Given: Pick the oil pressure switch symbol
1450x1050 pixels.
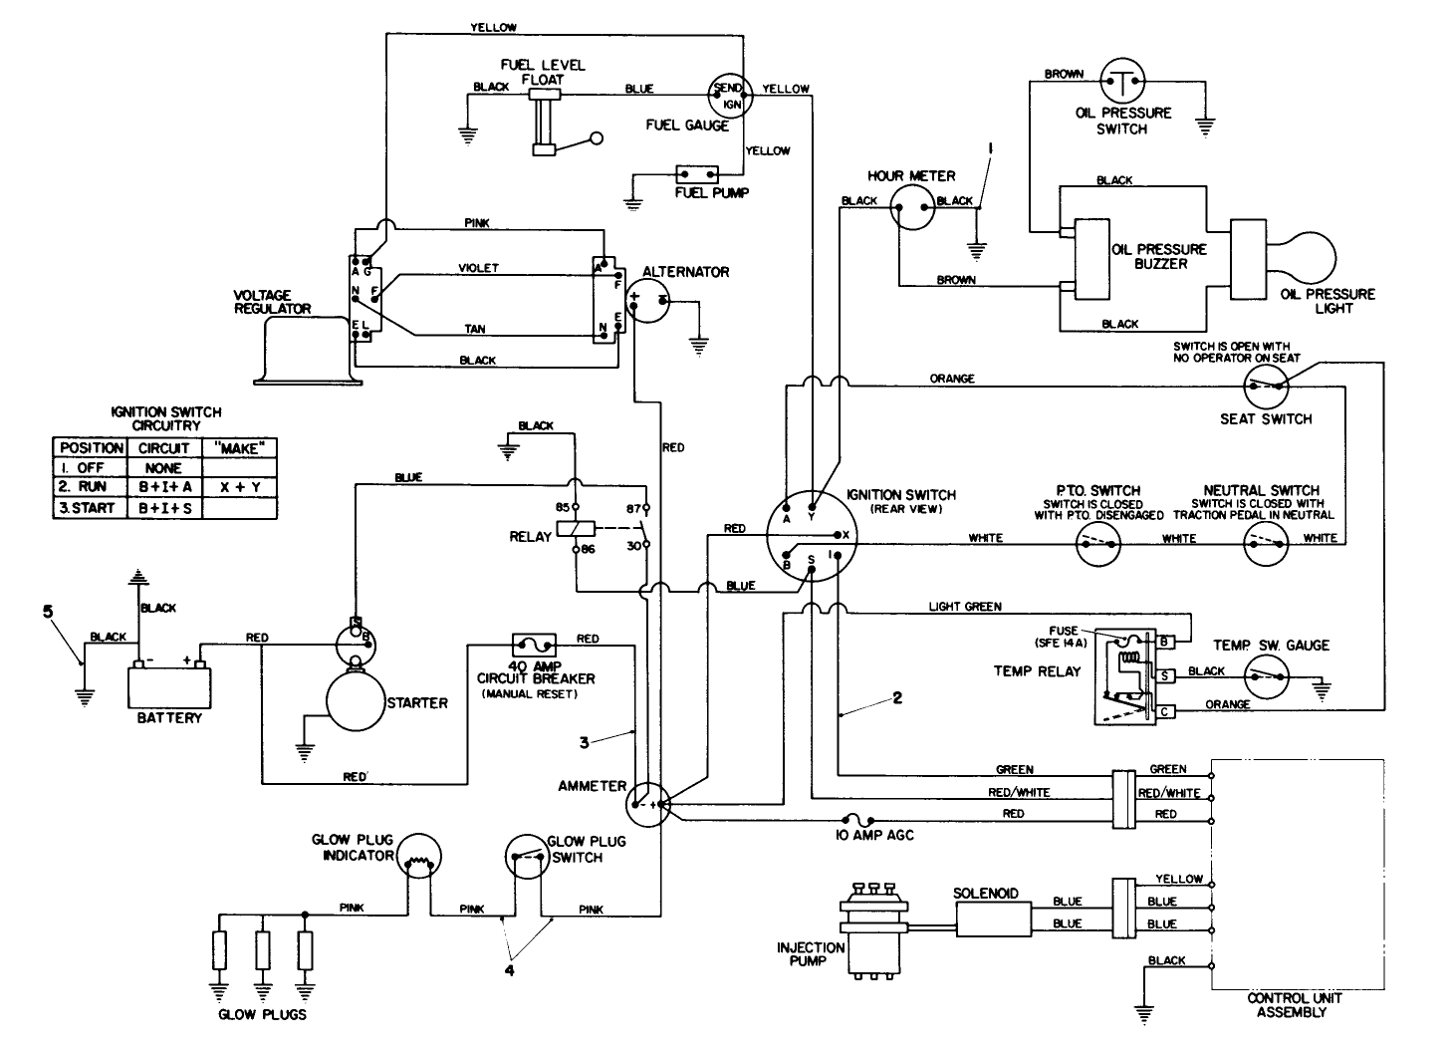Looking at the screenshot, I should click(x=1123, y=80).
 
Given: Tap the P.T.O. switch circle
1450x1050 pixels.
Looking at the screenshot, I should click(x=1096, y=544).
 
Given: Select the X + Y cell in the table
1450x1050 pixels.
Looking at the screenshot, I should click(x=239, y=487).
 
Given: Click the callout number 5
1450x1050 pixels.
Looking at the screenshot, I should click(x=47, y=611).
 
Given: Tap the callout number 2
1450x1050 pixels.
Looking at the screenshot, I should click(x=896, y=698).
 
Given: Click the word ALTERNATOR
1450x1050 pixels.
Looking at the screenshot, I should click(x=685, y=272).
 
